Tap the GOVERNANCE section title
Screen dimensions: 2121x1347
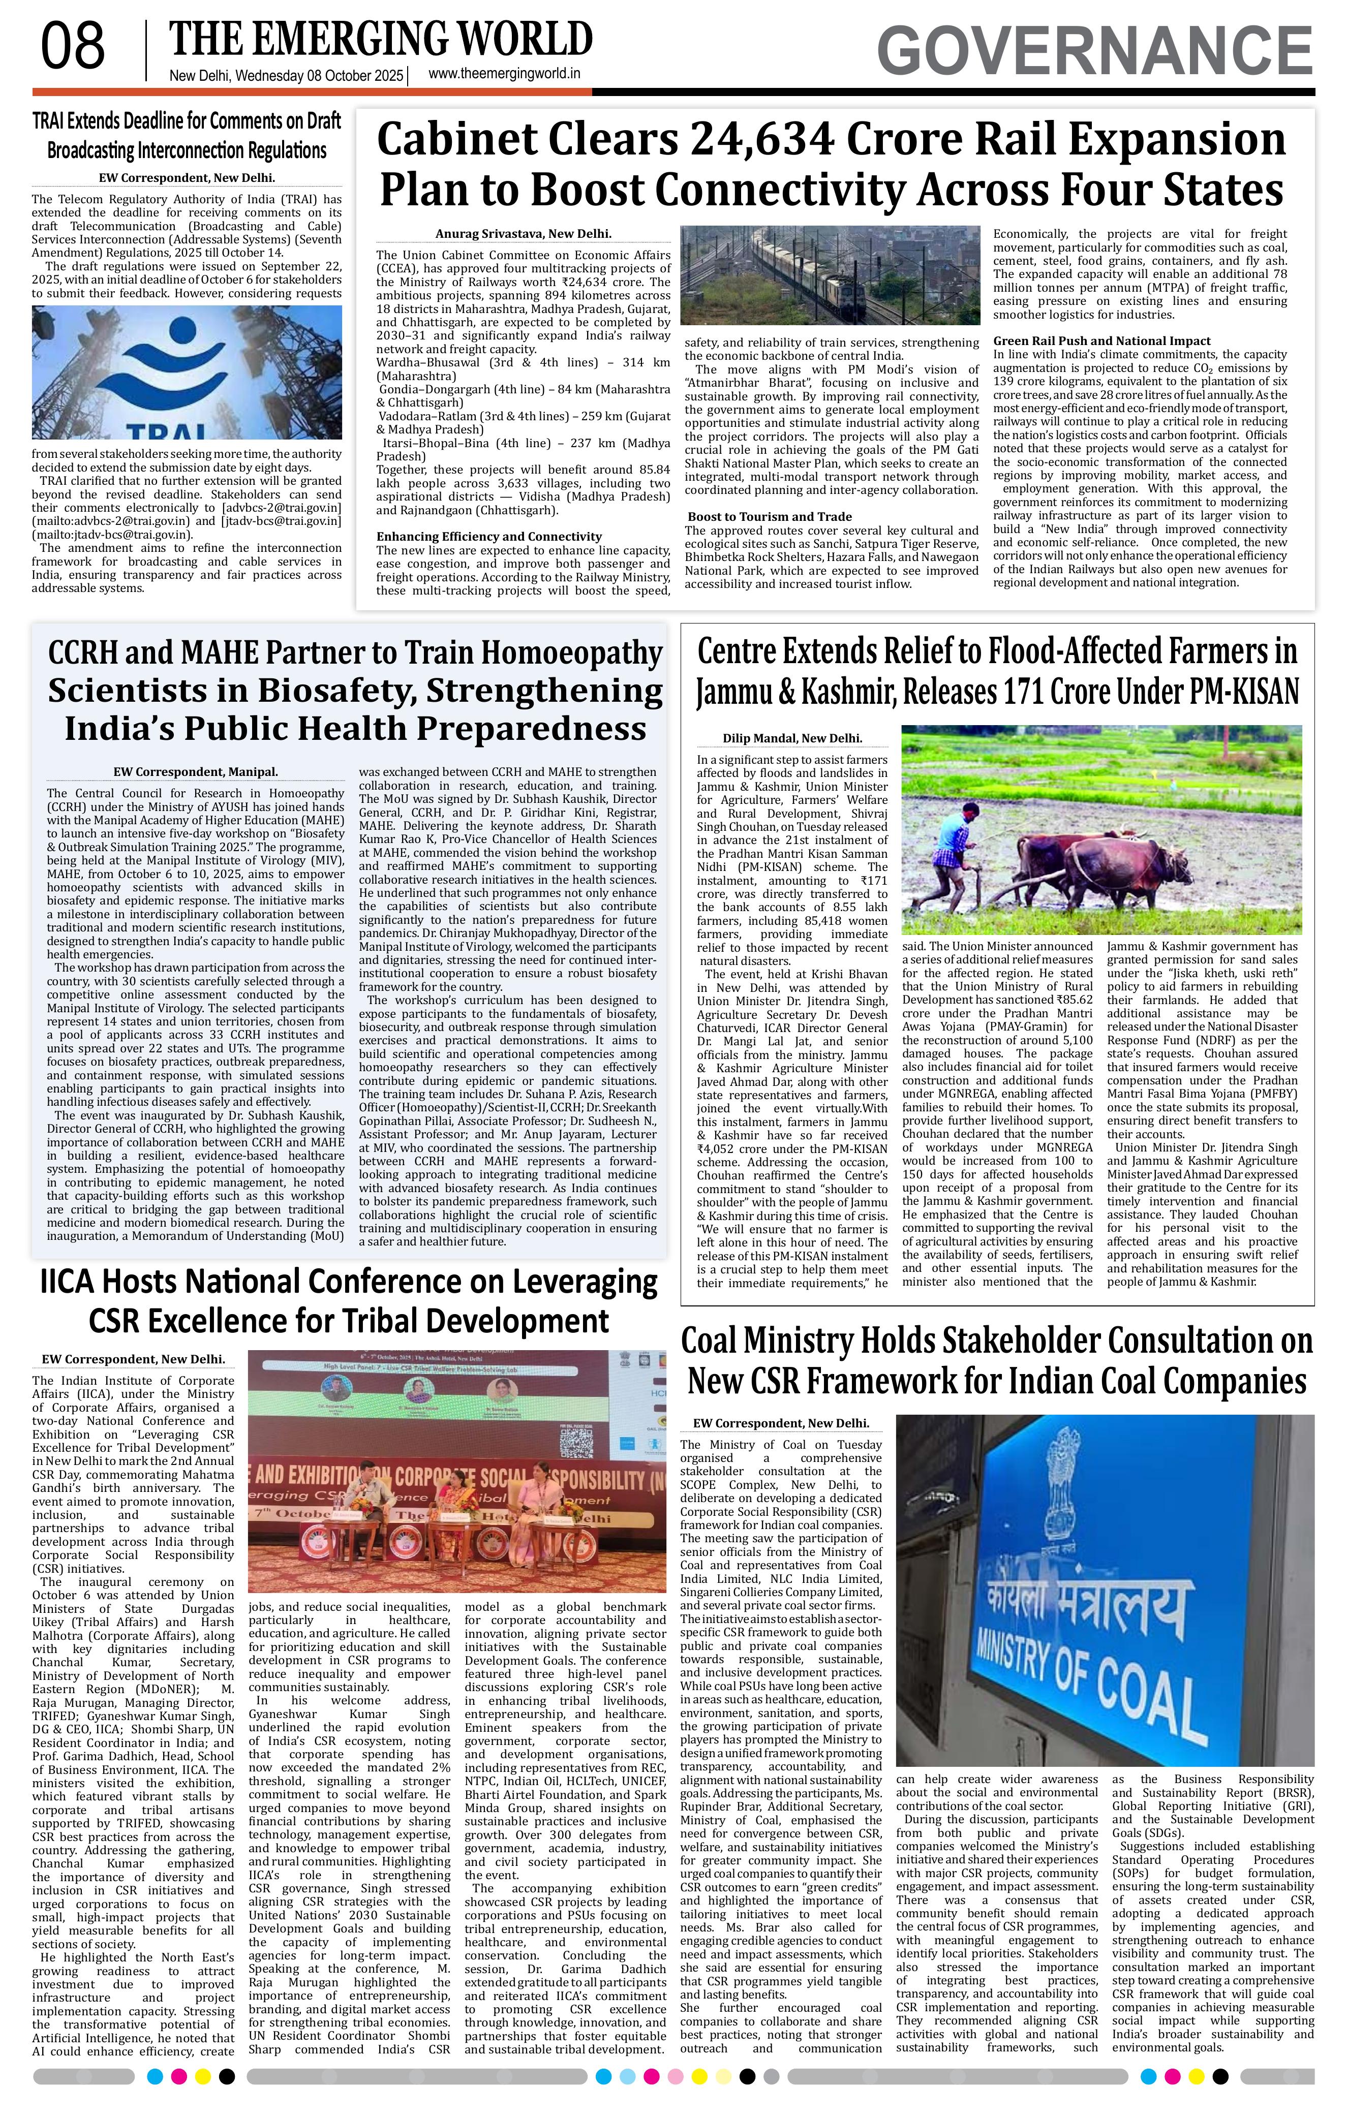[x=1094, y=50]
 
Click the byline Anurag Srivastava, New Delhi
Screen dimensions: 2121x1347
[x=523, y=234]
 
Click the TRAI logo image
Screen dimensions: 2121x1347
[x=187, y=371]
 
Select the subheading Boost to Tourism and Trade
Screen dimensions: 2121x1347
[x=769, y=517]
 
